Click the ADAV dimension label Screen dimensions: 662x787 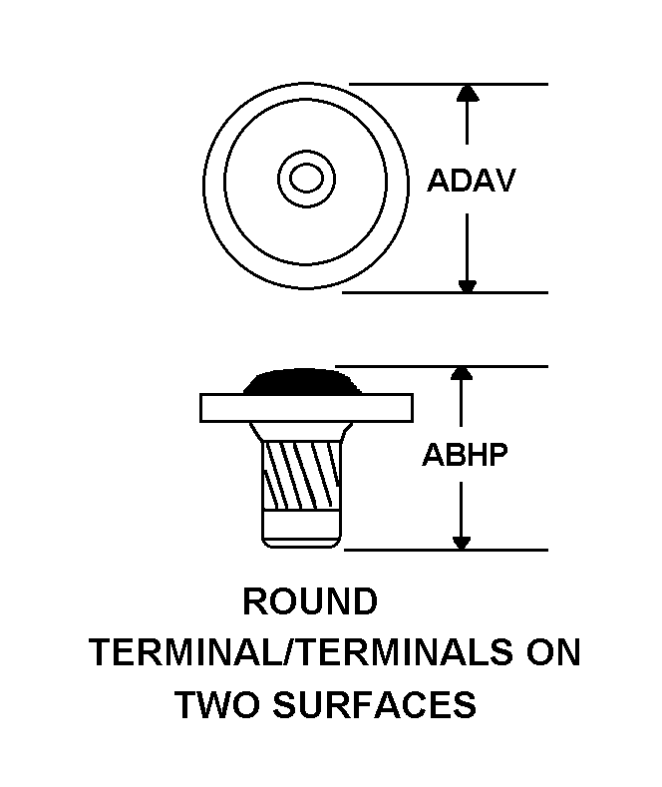471,181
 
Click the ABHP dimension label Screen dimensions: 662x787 465,455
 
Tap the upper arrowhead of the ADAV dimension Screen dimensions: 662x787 468,94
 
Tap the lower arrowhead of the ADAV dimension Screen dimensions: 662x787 468,285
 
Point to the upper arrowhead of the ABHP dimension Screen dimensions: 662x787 462,373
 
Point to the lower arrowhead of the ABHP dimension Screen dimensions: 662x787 462,543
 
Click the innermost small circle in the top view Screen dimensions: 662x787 306,178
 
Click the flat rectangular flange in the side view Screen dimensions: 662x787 306,408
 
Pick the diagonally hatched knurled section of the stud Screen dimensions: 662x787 301,475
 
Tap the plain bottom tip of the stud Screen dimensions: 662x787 301,530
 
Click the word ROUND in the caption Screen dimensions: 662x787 310,601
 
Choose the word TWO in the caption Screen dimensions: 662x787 218,704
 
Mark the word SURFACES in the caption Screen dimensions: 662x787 374,704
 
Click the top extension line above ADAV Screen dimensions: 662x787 449,84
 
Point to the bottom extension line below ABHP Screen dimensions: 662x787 446,550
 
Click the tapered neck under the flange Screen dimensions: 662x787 301,432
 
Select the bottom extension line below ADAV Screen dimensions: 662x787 445,292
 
